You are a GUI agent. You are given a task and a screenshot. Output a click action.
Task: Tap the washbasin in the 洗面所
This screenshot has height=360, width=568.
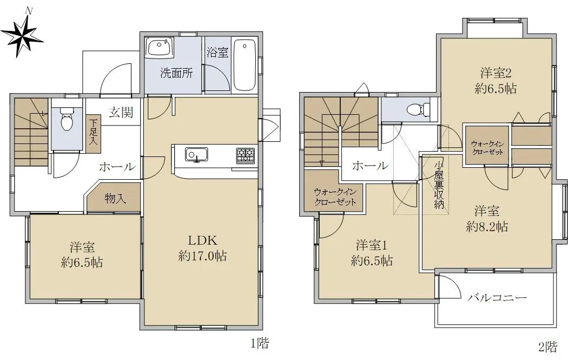point(160,47)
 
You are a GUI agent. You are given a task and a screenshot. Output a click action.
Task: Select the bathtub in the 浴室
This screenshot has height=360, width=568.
point(245,66)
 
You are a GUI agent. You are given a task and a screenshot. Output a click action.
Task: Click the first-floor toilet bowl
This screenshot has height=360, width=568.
point(67,120)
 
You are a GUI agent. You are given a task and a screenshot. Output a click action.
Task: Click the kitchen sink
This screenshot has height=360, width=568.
point(197,155)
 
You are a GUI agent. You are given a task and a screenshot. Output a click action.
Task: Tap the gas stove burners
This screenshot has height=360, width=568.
point(246,155)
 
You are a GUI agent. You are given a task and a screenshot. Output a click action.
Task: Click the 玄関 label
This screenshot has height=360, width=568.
point(121,113)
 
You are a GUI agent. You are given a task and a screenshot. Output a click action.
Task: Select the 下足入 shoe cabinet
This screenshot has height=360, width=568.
point(94,133)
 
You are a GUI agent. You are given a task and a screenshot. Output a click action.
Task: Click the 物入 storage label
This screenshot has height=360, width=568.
point(115,198)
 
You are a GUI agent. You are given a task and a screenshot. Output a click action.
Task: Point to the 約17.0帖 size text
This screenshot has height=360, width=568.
point(202,256)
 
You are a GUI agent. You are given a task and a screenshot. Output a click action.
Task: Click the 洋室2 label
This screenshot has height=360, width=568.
point(496,73)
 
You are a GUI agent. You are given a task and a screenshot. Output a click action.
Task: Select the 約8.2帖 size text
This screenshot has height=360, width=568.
point(487,227)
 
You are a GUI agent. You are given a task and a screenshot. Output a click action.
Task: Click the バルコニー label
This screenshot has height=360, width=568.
point(497,298)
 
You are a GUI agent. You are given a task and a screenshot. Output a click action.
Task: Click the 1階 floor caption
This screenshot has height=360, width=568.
point(260,343)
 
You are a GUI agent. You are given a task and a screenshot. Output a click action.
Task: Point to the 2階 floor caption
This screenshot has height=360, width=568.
point(547,347)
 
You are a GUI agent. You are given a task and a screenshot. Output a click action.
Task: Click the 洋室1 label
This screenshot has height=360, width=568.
point(372,245)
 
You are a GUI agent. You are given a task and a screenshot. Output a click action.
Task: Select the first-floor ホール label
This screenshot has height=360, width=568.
point(117,167)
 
